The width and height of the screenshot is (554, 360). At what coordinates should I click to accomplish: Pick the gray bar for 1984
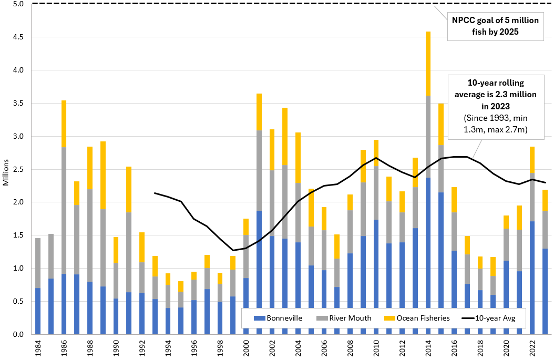38,263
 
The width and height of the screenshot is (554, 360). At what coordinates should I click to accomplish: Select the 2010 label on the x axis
375,347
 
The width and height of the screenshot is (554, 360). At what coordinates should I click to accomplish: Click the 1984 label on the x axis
38,347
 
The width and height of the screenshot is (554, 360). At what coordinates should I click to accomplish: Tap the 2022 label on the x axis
532,347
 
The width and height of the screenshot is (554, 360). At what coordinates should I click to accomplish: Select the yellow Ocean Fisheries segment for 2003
284,136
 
